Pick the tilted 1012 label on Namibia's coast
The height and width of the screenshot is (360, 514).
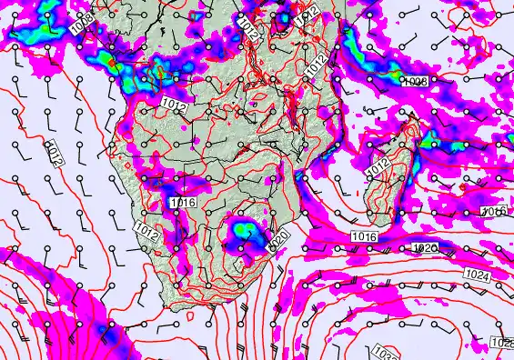(145, 231)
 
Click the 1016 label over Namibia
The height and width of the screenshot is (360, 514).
(182, 203)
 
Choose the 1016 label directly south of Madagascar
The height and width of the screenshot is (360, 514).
(362, 236)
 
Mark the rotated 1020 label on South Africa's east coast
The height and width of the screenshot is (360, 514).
(281, 238)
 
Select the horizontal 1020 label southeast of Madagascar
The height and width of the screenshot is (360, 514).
(425, 248)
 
